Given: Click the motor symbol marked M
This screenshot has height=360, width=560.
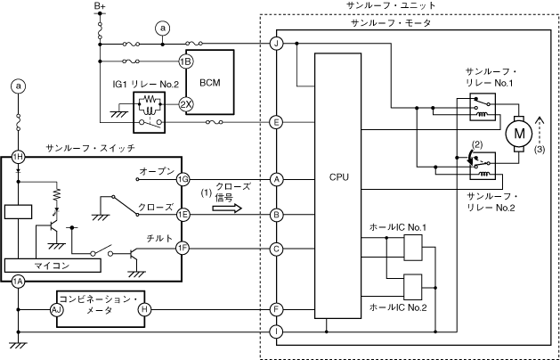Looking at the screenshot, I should coord(517,134).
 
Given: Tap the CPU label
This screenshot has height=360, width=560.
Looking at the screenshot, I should coord(339,177).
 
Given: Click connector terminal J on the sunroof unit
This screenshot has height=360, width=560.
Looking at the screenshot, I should coord(277,44).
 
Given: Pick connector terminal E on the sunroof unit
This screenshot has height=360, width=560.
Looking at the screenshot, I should coord(277,122).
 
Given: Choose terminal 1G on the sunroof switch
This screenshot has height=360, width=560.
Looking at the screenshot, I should coord(183,178).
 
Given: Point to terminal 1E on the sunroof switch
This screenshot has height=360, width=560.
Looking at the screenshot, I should coord(183,214).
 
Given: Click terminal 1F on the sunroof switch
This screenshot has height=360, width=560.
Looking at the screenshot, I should coord(183,248).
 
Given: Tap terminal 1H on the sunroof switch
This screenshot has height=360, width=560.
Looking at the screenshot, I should coord(18,156).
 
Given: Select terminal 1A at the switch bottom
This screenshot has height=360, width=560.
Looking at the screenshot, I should coord(18,282).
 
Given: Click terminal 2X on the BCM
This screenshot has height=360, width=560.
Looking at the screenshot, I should coord(186,103).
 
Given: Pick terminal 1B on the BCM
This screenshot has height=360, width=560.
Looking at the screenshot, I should coord(186,61).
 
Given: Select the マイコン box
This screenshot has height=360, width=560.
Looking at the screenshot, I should coord(54,266).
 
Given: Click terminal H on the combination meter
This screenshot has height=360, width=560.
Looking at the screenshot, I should coord(145,308).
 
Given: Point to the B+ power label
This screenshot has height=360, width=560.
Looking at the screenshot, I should coord(100,7).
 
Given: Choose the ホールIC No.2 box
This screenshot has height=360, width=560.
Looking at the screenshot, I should coord(414,286).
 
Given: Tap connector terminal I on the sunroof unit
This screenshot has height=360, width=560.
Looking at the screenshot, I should coord(277,332).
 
